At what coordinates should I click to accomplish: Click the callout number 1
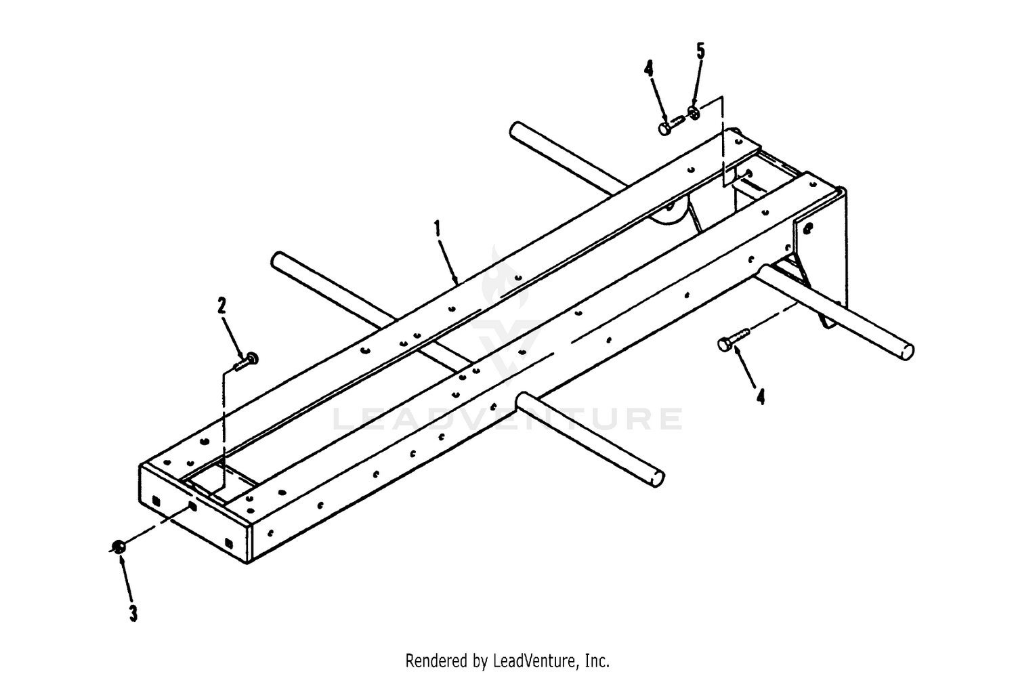(438, 228)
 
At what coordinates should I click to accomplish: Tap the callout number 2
(221, 306)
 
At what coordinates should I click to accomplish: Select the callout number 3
(133, 613)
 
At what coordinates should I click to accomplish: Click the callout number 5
(701, 51)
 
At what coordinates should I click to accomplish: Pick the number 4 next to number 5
(649, 69)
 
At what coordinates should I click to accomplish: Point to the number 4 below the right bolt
(760, 397)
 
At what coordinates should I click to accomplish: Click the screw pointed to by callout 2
(246, 362)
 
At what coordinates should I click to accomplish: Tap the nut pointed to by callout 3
(119, 546)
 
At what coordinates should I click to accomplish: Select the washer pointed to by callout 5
(694, 113)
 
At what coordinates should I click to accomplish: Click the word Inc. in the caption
(597, 661)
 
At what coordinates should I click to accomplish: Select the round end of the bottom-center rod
(658, 479)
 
